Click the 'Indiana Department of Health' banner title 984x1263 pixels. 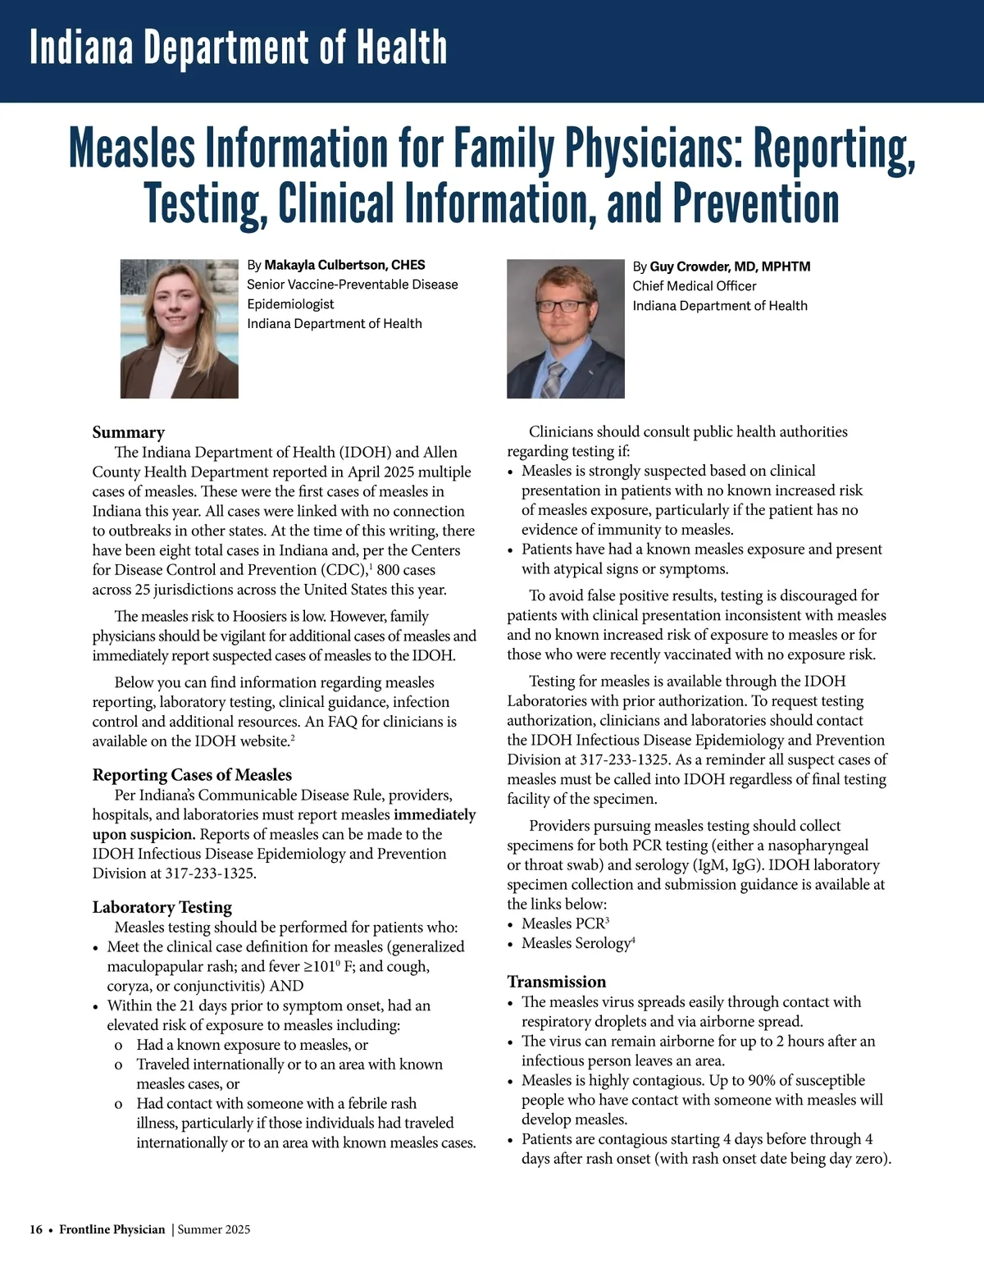pos(238,48)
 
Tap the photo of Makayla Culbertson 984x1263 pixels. pos(179,329)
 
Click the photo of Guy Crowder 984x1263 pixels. pos(565,329)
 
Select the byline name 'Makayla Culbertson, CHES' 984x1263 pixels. pos(344,265)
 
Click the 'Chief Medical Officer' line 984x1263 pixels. pos(694,286)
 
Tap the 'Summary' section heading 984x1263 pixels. pos(128,432)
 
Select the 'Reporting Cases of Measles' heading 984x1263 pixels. pos(192,775)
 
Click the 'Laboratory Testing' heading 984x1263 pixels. pos(162,907)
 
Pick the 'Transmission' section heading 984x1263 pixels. pos(556,982)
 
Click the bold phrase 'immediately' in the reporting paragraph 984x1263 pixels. pos(435,814)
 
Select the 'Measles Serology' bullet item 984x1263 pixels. pos(576,943)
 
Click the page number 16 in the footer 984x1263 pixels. pos(36,1229)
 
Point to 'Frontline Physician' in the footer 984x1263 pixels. pos(112,1229)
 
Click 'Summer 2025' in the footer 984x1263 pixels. pos(214,1229)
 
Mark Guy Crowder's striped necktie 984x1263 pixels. pos(554,380)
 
